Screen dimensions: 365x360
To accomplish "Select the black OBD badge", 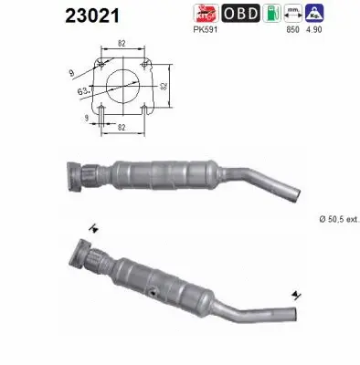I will (x=241, y=14).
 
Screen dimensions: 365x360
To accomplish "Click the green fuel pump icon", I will (x=271, y=13).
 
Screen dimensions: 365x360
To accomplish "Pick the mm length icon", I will (x=294, y=13).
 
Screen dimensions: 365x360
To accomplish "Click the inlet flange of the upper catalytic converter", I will (x=75, y=176).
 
